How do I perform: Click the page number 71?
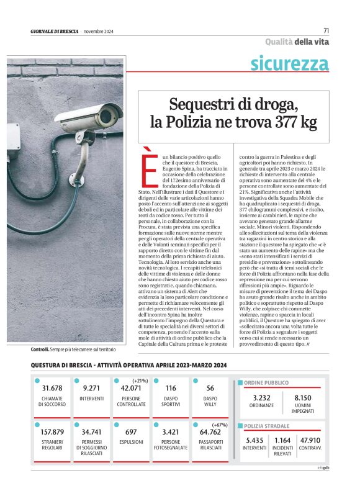click(x=326, y=30)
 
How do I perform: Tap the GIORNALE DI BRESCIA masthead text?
click(x=54, y=31)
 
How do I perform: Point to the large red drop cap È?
click(x=147, y=166)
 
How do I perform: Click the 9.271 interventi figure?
click(x=92, y=389)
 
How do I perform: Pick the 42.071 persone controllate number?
click(x=131, y=389)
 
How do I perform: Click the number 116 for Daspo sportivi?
click(x=171, y=389)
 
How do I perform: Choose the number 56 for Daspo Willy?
click(x=210, y=389)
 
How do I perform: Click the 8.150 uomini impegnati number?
click(x=303, y=397)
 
